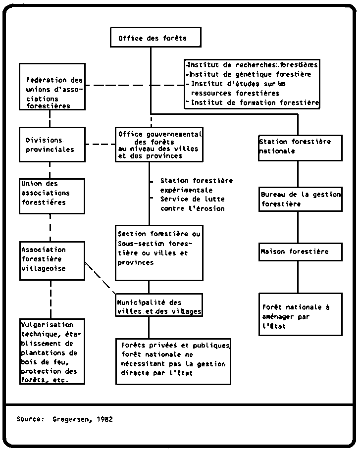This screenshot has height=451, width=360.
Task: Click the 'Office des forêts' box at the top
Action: click(155, 37)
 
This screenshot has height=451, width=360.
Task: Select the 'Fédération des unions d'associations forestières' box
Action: click(52, 87)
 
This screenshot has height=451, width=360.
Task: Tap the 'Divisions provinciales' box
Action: click(52, 145)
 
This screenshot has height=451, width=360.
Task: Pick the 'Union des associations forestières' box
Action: click(52, 196)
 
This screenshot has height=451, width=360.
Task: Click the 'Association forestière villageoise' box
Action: click(52, 260)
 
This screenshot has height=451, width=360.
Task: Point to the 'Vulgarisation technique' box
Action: click(52, 351)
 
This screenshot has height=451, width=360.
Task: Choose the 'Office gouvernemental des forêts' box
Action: click(159, 145)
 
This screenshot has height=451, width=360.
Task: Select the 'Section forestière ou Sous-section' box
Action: click(159, 253)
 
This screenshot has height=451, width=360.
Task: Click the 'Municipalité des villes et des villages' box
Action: click(159, 305)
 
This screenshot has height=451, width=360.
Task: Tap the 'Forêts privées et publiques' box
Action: click(173, 361)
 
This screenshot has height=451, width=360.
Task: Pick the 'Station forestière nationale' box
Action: click(300, 148)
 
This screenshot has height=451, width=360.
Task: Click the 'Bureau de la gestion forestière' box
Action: click(301, 200)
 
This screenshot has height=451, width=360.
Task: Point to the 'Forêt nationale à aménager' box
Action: click(301, 314)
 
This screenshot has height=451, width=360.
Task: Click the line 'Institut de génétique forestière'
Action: click(249, 74)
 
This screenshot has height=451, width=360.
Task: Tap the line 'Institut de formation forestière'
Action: click(253, 102)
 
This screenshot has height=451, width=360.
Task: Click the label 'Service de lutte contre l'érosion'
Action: click(193, 203)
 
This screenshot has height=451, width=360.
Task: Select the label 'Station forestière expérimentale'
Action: click(197, 185)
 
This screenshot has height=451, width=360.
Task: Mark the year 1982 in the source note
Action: click(104, 419)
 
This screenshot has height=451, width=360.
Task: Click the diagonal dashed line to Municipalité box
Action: click(100, 278)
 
